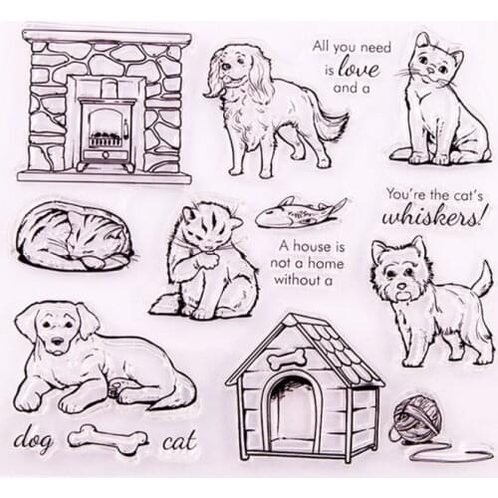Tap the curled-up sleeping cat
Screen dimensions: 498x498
[x=74, y=236]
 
